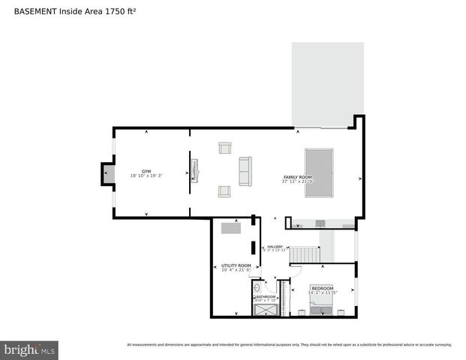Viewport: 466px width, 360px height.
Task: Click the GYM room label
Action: (x=146, y=171)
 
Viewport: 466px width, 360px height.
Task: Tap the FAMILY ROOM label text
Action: (x=297, y=177)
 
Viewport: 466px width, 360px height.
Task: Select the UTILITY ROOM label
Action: (x=234, y=265)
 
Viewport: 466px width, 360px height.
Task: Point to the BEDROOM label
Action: (x=323, y=288)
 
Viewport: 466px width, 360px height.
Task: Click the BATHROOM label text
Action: (x=266, y=297)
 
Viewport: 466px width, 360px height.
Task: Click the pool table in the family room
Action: (x=318, y=173)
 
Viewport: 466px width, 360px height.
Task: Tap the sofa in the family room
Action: (x=245, y=172)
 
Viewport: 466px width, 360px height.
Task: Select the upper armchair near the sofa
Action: (x=224, y=148)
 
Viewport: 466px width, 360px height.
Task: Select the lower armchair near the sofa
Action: (x=224, y=191)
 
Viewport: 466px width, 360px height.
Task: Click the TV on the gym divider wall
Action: (x=194, y=171)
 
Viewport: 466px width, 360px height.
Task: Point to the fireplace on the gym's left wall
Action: (x=107, y=174)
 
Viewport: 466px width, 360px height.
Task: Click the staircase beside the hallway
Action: (x=305, y=255)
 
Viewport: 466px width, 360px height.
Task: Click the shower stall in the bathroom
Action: (x=264, y=308)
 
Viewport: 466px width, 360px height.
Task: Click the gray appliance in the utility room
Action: (x=231, y=228)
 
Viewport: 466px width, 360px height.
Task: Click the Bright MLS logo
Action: (x=29, y=349)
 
